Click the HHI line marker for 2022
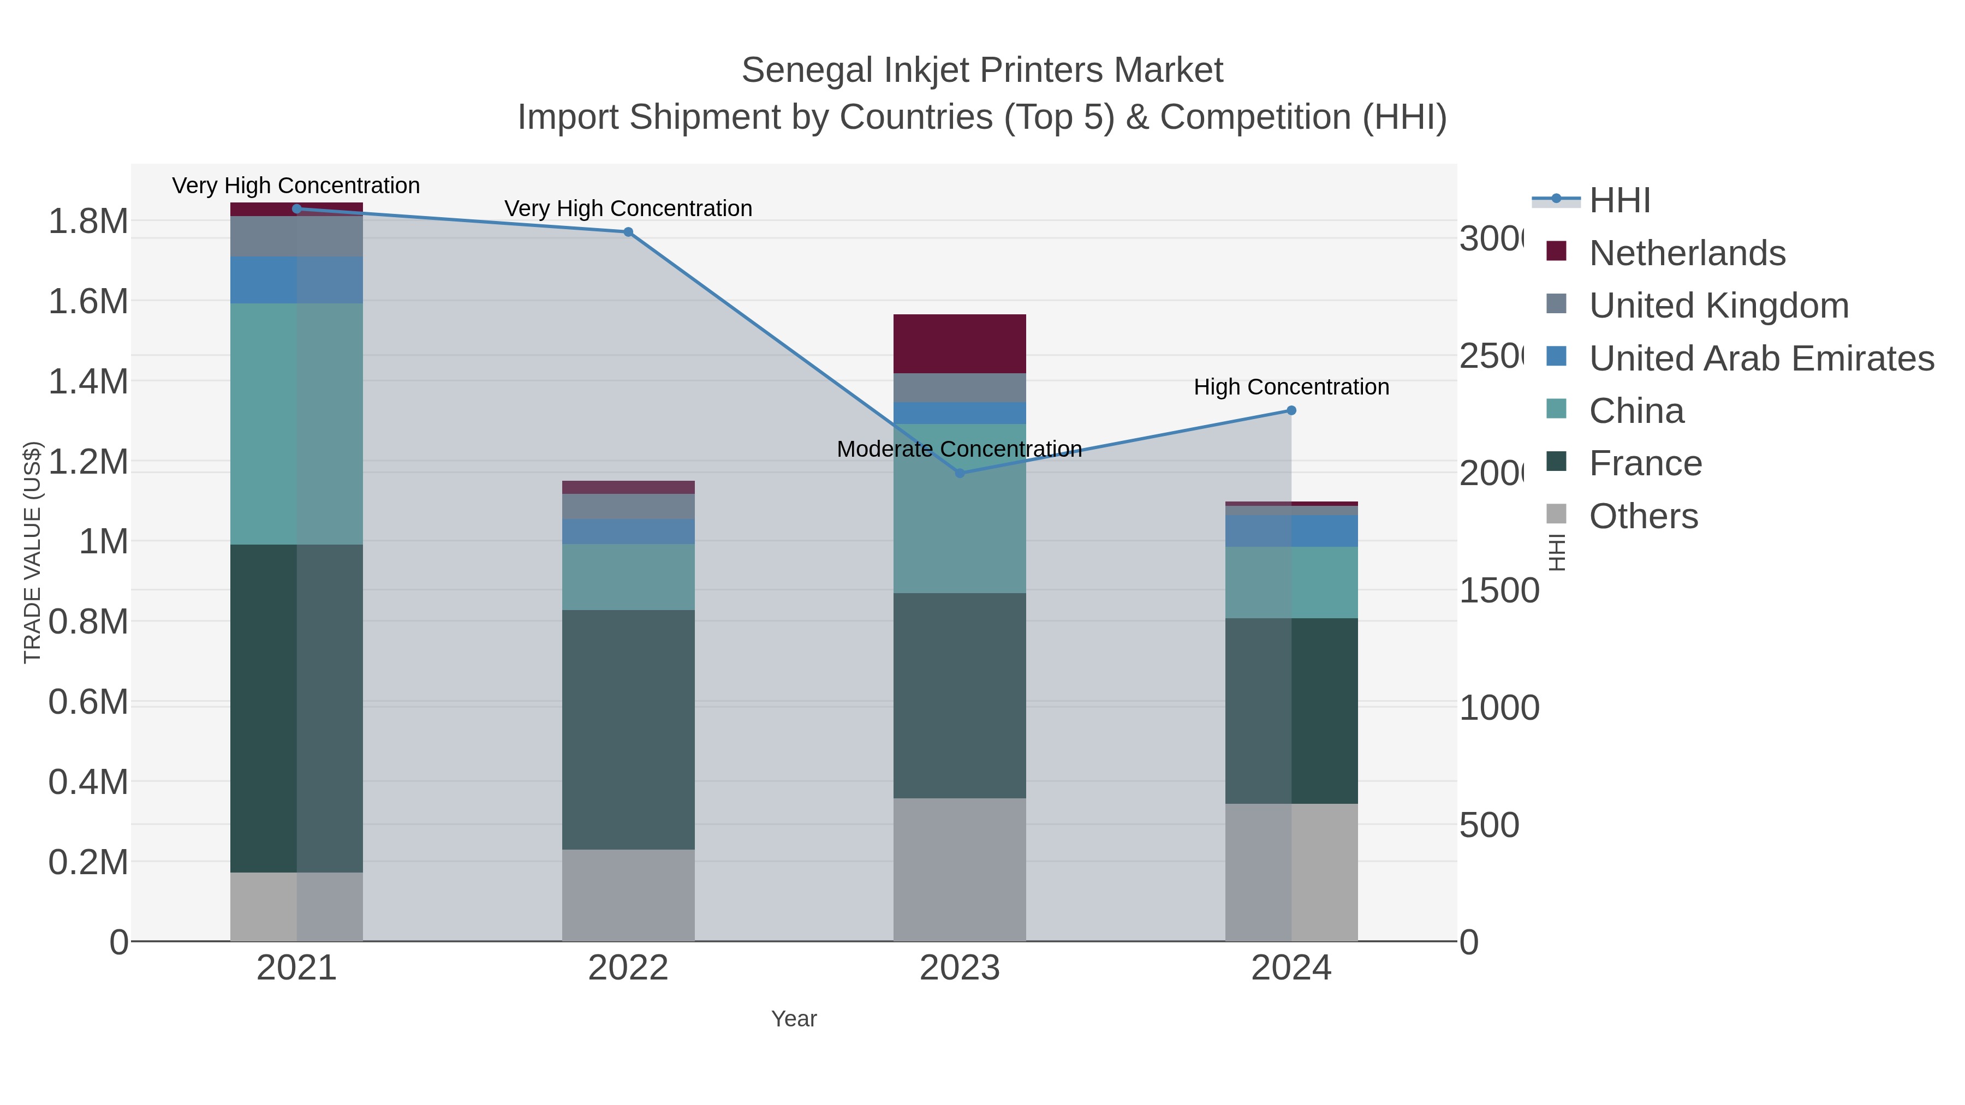[x=628, y=232]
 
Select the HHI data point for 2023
[x=960, y=473]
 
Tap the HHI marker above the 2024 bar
[x=1291, y=410]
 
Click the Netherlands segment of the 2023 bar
[x=959, y=343]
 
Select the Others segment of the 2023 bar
[x=959, y=869]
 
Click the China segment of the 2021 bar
[x=296, y=423]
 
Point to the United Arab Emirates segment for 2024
[x=1291, y=531]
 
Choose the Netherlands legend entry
[x=1687, y=253]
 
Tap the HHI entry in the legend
[x=1619, y=201]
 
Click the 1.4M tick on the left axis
[x=88, y=381]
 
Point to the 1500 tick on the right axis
[x=1499, y=591]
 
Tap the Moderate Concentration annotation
[x=959, y=449]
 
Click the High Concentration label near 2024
[x=1291, y=387]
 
